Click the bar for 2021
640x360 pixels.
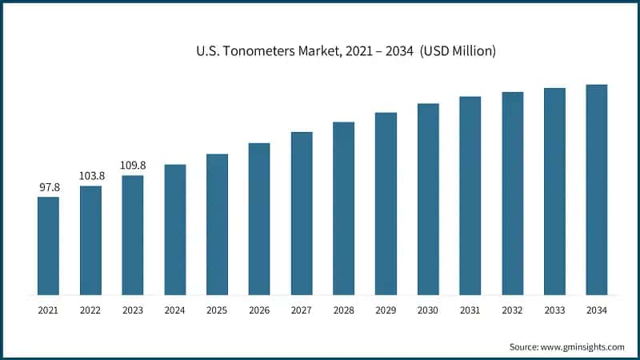pyautogui.click(x=48, y=245)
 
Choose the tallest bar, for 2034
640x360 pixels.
pyautogui.click(x=597, y=189)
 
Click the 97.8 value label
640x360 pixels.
pyautogui.click(x=49, y=187)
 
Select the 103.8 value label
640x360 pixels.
pyautogui.click(x=90, y=176)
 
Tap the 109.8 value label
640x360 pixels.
pyautogui.click(x=133, y=166)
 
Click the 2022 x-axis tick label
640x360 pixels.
pyautogui.click(x=90, y=309)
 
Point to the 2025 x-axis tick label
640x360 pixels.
pyautogui.click(x=217, y=309)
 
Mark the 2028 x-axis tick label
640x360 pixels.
pyautogui.click(x=344, y=309)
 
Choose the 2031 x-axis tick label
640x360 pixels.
pyautogui.click(x=470, y=309)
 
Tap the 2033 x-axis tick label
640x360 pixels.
pyautogui.click(x=554, y=309)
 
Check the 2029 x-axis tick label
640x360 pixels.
pyautogui.click(x=386, y=309)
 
